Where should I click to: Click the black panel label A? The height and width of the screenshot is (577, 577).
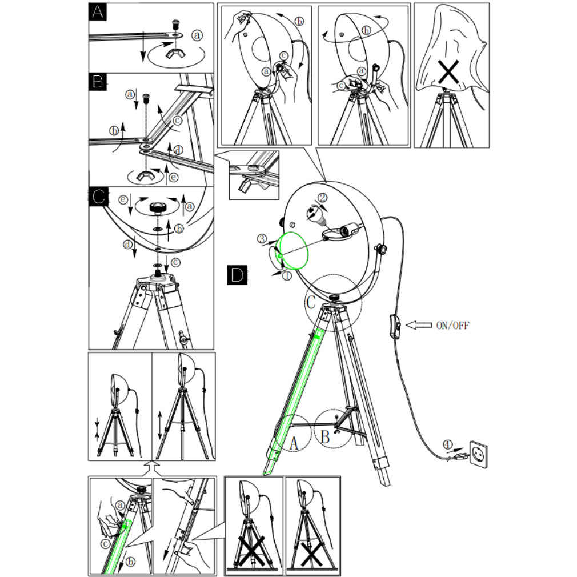point(98,12)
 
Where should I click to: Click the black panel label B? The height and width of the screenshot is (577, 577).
point(98,82)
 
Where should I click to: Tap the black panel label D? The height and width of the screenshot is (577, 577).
point(237,275)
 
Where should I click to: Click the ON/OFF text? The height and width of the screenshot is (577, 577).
point(452,326)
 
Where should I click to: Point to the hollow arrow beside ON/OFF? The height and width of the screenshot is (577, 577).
point(419,325)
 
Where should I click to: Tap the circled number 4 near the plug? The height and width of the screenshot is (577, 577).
point(447,444)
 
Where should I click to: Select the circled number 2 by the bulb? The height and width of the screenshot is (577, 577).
point(322,198)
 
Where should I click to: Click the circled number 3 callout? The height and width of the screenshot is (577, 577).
point(262,238)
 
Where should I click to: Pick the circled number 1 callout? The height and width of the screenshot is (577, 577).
point(287,275)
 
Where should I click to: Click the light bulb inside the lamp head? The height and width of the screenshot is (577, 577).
point(316,215)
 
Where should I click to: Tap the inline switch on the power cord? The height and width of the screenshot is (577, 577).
point(394,326)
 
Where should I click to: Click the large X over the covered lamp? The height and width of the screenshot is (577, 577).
point(448,71)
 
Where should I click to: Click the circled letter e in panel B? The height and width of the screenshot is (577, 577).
point(174,177)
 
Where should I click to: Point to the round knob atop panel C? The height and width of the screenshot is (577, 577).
point(158,207)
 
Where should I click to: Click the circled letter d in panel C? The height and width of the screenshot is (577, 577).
point(128,245)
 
